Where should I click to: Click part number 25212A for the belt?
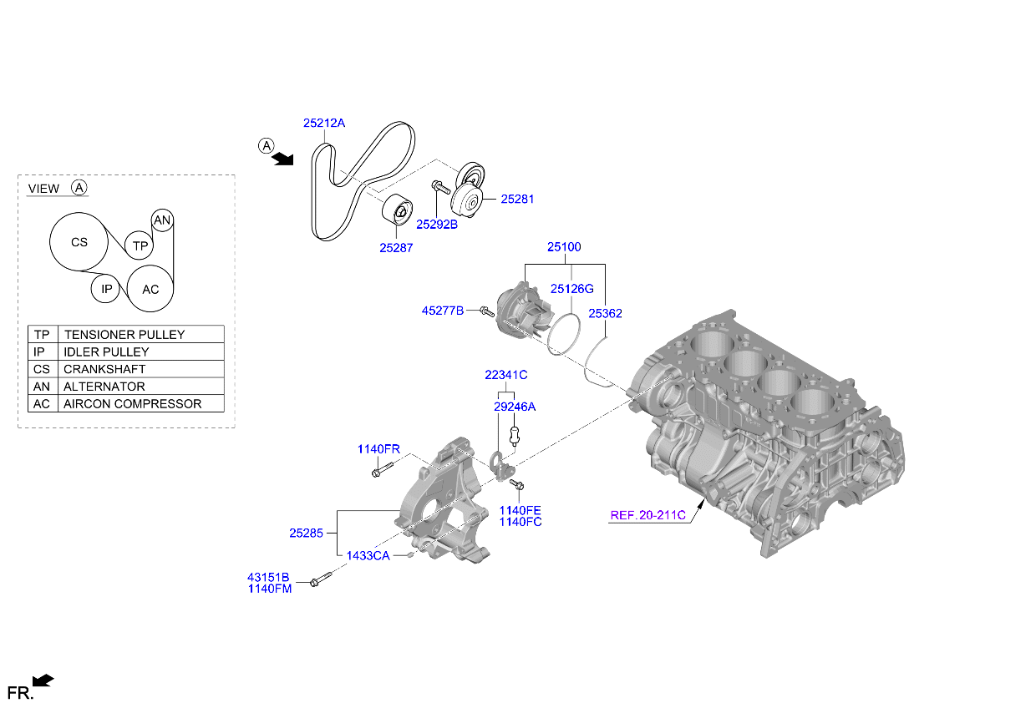[323, 123]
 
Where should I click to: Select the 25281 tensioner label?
[517, 200]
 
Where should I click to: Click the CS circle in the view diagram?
[79, 243]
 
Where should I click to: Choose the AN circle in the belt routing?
[162, 220]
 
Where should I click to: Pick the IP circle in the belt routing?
[106, 290]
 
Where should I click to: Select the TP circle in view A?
[140, 245]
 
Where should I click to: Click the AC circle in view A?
[150, 290]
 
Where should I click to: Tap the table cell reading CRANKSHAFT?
[140, 369]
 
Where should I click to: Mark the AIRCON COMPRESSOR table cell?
[140, 404]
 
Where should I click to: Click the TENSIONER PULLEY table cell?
[140, 334]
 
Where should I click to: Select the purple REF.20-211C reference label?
[647, 515]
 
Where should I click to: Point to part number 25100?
[564, 247]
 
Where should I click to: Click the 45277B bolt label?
[442, 311]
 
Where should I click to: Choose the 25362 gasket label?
[605, 313]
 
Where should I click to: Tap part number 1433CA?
[368, 556]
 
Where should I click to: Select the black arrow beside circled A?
[284, 158]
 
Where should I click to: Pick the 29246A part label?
[515, 407]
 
